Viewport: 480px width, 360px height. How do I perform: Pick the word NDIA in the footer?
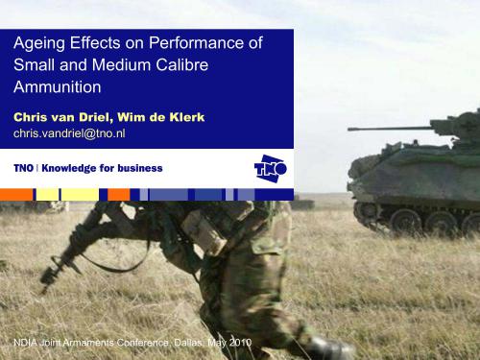[x=25, y=342]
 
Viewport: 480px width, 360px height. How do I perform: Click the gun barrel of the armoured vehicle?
[x=384, y=128]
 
